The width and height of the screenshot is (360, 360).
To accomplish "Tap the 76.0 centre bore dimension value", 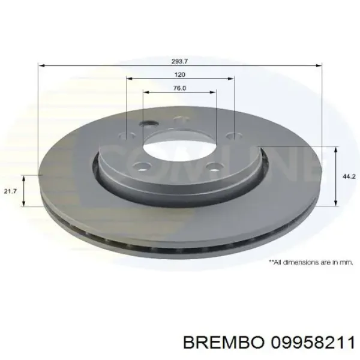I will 179,88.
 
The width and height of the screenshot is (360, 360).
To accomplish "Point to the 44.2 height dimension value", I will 347,176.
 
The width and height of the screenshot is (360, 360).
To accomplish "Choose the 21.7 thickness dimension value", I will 10,191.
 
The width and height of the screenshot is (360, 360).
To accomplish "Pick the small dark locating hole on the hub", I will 148,125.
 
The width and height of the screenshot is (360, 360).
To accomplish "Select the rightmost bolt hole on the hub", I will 230,136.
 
